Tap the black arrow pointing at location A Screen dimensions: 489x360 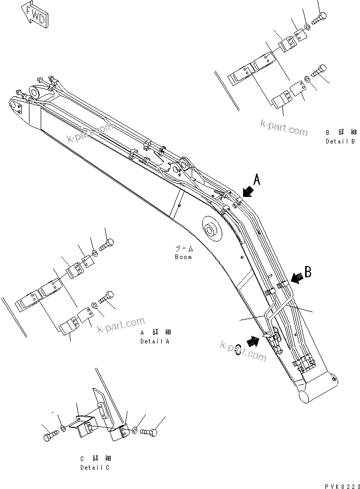pos(248,190)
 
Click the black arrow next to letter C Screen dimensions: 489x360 pos(253,341)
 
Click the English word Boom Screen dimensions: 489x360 pos(183,257)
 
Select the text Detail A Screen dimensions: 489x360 pos(155,341)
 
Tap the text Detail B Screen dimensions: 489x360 pos(340,141)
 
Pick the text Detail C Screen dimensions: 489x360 pos(94,467)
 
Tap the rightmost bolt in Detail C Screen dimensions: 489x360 pos(148,432)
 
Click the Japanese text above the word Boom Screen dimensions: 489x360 pos(184,249)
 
